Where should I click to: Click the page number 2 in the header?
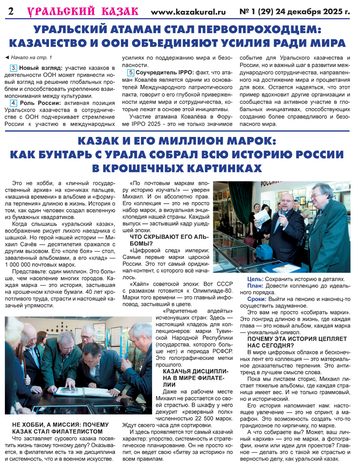[x=10, y=12]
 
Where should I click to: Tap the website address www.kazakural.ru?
[x=188, y=12]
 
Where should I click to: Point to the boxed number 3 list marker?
[x=13, y=67]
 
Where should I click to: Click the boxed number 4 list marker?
[x=13, y=103]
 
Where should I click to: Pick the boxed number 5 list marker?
[x=131, y=72]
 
